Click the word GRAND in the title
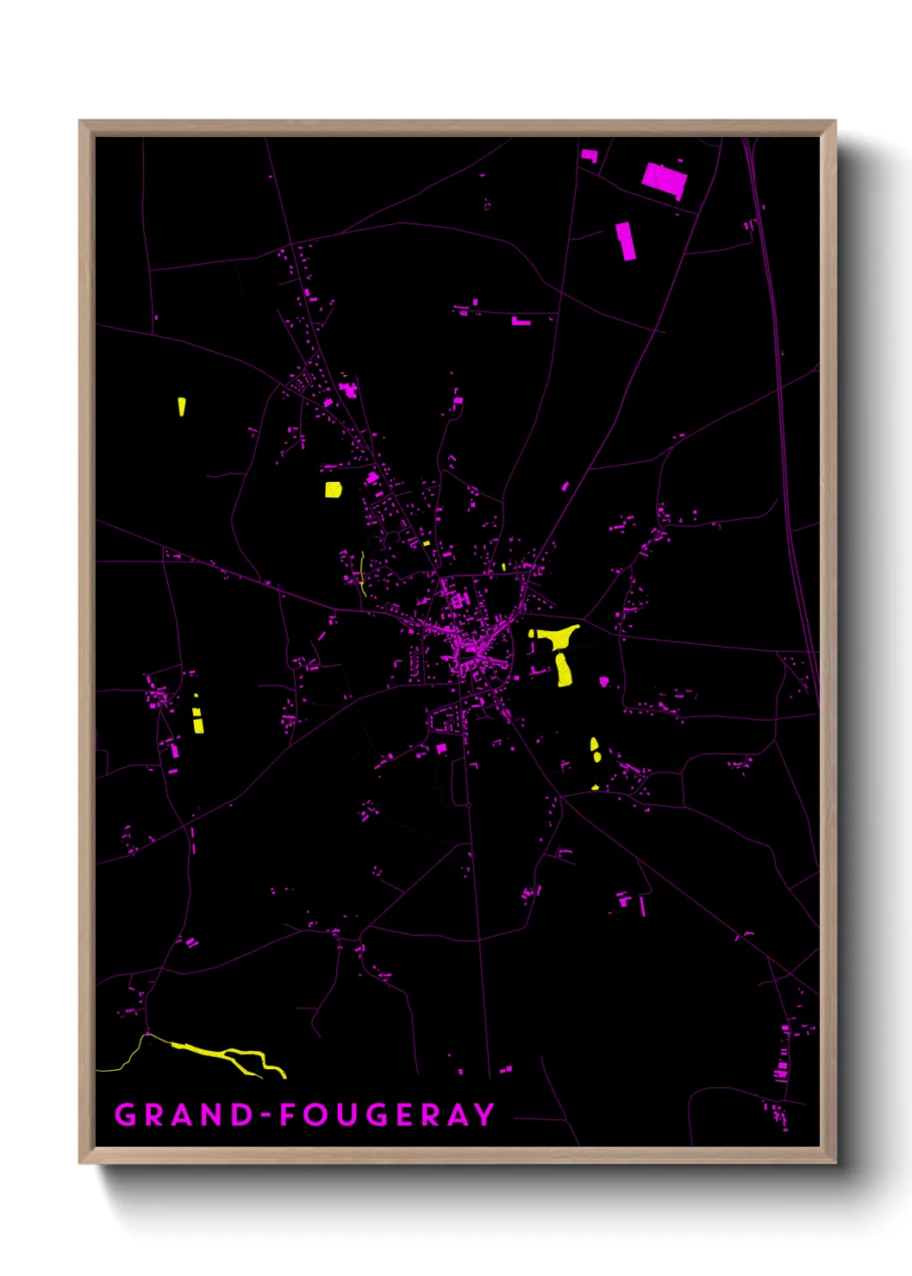[184, 1115]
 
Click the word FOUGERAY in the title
[387, 1115]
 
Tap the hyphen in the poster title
[267, 1116]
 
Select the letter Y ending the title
[484, 1115]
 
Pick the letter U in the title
[347, 1115]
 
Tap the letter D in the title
[243, 1115]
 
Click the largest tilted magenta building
[664, 179]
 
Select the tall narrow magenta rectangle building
[626, 241]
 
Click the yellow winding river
[228, 1056]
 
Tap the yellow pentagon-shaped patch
[333, 490]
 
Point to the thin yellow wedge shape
[182, 406]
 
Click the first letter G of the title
[126, 1115]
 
